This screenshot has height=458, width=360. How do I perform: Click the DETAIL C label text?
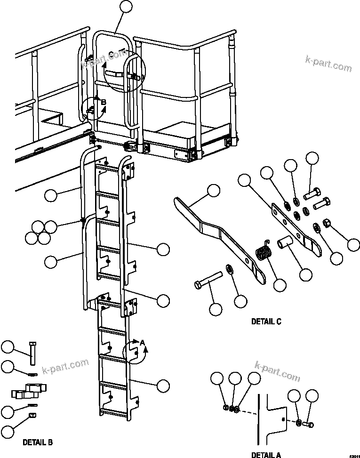(x=266, y=322)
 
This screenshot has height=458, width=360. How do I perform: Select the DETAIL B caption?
(x=38, y=442)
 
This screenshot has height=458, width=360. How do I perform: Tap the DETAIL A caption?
(x=266, y=455)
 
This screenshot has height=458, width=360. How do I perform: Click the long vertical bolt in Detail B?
(x=32, y=353)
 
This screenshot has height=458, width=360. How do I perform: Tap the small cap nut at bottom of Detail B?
(x=32, y=415)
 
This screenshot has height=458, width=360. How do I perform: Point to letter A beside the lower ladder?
(x=142, y=343)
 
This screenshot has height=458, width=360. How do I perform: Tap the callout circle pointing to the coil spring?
(x=281, y=285)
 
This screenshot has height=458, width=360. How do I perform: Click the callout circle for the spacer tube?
(x=307, y=275)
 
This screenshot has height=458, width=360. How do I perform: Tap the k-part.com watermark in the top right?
(x=328, y=63)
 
